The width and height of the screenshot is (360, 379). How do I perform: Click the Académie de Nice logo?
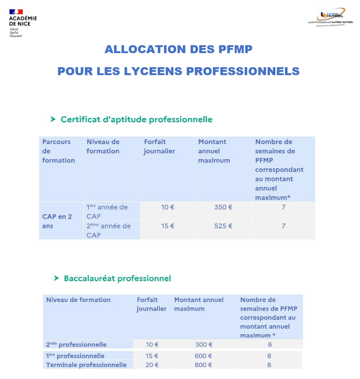coord(22,22)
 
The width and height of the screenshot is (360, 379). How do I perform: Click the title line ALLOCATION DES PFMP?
coord(179,49)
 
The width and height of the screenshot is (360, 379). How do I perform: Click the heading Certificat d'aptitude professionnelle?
coord(136,119)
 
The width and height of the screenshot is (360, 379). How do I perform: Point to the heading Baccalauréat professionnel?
coord(117,278)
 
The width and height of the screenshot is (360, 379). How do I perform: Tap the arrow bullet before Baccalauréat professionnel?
coord(55,278)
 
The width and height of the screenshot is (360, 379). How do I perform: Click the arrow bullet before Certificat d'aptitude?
coord(53,119)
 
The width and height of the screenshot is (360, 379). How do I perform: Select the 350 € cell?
coord(223,207)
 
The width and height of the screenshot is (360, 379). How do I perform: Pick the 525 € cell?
coord(223,226)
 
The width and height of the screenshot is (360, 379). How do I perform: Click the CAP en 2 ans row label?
coord(57,221)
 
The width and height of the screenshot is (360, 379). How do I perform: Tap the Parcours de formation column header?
coord(58,151)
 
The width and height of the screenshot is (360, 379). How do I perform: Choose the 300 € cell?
coord(204,345)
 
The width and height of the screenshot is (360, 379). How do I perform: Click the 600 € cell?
coord(204,356)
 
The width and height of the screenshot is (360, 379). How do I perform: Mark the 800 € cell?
coord(204,365)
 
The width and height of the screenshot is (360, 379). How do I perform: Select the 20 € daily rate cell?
coord(152,365)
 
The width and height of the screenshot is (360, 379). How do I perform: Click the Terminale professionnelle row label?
coord(86,365)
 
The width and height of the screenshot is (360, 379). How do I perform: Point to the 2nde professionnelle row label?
coord(76,345)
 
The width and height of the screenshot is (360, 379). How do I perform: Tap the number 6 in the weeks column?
coord(270,345)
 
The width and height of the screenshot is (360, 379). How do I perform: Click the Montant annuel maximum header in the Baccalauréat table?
coord(199,304)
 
